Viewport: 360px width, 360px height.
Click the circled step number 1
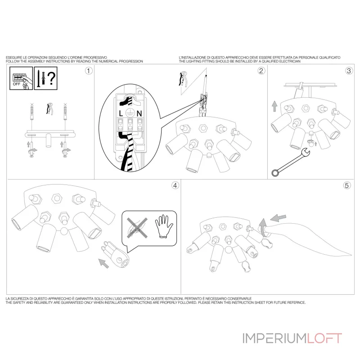[89, 71]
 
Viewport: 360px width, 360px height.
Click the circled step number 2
[261, 71]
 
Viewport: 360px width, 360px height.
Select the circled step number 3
[349, 71]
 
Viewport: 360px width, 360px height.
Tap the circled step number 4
[175, 185]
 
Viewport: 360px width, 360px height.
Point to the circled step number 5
[347, 185]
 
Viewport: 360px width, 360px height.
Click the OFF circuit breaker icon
[21, 78]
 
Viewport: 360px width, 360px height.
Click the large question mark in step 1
[51, 78]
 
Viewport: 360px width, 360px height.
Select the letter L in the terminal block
[121, 113]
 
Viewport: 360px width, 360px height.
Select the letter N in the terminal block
[139, 113]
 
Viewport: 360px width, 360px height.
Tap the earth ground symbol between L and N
[130, 113]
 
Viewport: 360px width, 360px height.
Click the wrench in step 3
[291, 162]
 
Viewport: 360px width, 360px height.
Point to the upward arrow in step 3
[274, 106]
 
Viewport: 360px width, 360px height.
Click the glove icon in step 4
[163, 226]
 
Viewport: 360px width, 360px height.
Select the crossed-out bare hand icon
[137, 228]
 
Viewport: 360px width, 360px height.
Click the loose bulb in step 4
[116, 254]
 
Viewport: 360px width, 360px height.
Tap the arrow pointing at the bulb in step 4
[103, 263]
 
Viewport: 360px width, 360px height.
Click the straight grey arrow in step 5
[278, 218]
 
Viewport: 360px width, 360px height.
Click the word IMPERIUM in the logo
[274, 338]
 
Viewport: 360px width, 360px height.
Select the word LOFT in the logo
[324, 338]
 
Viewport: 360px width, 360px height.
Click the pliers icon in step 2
[183, 79]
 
